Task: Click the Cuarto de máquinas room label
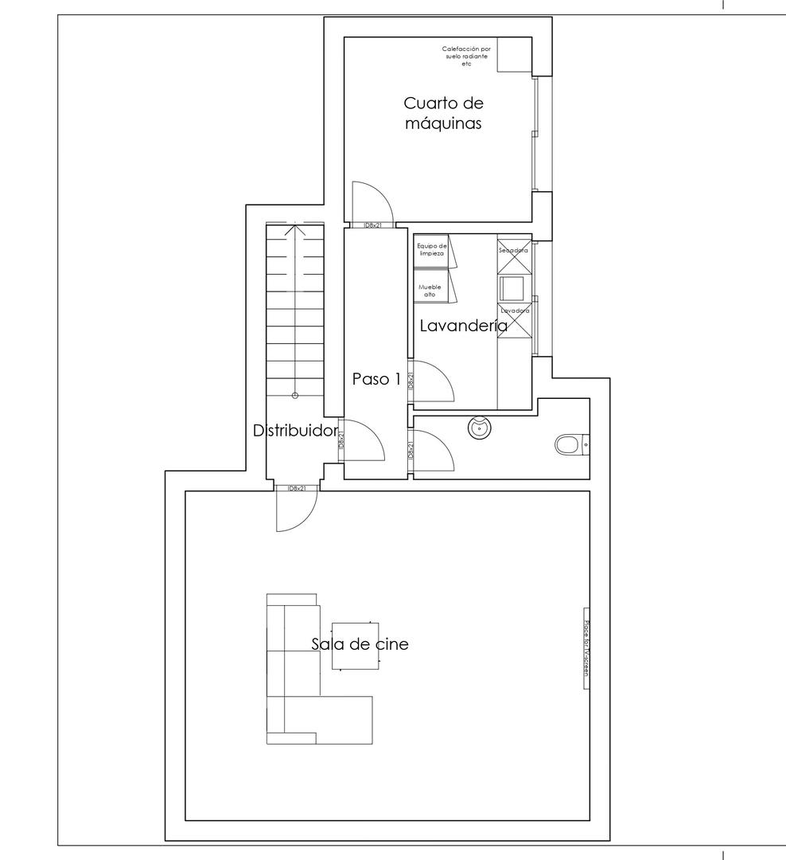pos(443,113)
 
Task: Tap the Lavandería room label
pos(463,325)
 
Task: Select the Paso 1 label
pos(376,379)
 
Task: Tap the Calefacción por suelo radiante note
pos(466,56)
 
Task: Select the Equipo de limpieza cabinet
pos(432,250)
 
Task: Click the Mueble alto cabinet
pos(431,289)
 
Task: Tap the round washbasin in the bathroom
pos(481,428)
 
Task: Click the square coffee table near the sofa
pos(355,646)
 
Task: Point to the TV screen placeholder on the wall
pos(586,648)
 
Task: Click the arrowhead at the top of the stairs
pos(295,230)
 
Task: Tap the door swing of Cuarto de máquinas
pos(367,202)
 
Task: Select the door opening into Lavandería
pos(433,381)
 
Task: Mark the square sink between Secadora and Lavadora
pos(508,286)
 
